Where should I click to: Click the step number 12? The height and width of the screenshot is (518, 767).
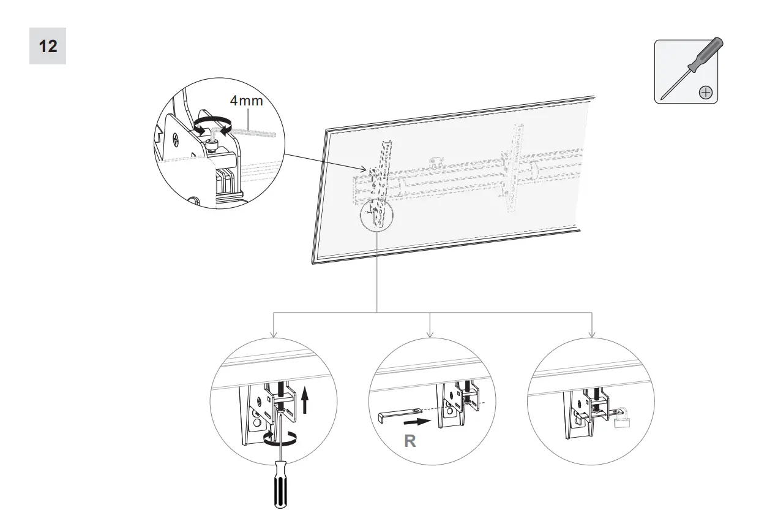pos(48,46)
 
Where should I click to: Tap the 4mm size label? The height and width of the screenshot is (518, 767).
pos(246,100)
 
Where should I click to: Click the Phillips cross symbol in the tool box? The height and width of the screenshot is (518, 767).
pos(706,93)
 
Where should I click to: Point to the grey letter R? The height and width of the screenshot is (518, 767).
pos(410,441)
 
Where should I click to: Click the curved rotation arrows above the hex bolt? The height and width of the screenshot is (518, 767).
pos(211,124)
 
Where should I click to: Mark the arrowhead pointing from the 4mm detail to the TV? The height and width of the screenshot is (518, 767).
pos(365,170)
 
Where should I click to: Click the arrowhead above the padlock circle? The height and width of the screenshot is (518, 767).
pos(591,335)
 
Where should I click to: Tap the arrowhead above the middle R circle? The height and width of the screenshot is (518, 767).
pos(430,335)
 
